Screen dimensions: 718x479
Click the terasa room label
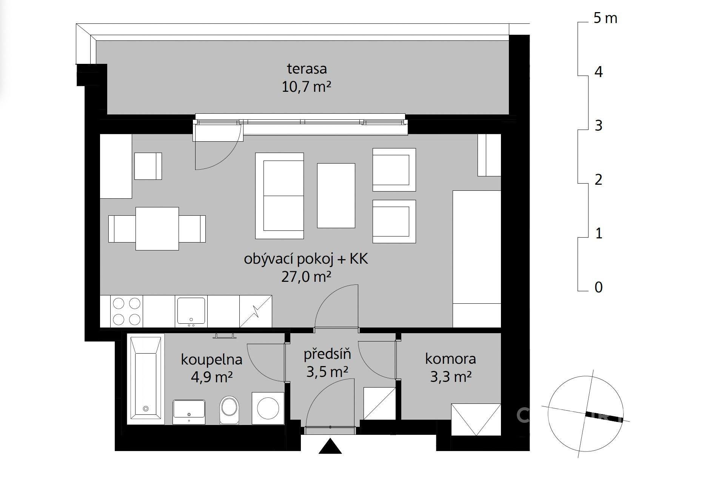[307, 69]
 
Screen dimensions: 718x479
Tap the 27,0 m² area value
[306, 277]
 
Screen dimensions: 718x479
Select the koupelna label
[211, 359]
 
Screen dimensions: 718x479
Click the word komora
[450, 358]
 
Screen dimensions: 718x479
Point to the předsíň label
[327, 354]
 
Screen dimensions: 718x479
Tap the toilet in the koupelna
[230, 409]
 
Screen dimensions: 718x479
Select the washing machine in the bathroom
[268, 408]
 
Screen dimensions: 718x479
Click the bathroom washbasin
[189, 412]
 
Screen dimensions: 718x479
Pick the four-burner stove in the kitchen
[127, 311]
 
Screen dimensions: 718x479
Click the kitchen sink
[191, 311]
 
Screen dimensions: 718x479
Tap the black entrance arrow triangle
[330, 446]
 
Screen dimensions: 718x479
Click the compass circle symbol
[585, 414]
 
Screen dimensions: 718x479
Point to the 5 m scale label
[605, 18]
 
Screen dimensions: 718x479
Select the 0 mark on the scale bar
[598, 287]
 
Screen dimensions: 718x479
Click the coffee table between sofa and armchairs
[336, 196]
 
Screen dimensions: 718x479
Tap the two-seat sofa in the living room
[279, 196]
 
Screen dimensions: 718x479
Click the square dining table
[157, 229]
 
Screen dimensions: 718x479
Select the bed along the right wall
[477, 259]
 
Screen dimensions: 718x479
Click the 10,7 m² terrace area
[306, 87]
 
